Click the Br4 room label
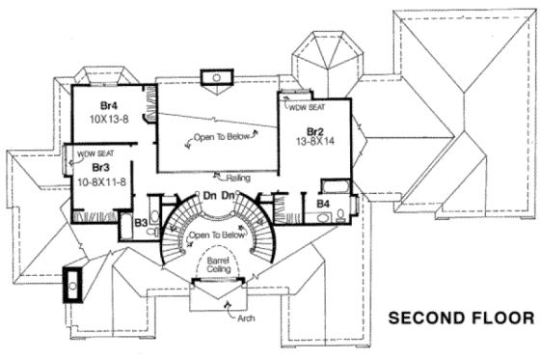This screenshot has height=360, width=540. [108, 105]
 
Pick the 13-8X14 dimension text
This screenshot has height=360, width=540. [315, 141]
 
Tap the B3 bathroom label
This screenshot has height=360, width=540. [141, 224]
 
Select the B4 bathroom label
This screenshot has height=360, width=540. [324, 205]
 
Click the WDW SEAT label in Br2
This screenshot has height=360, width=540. [307, 109]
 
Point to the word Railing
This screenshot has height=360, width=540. [238, 178]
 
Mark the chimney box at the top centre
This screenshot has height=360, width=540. [217, 76]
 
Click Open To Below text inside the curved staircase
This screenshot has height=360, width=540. [213, 235]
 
